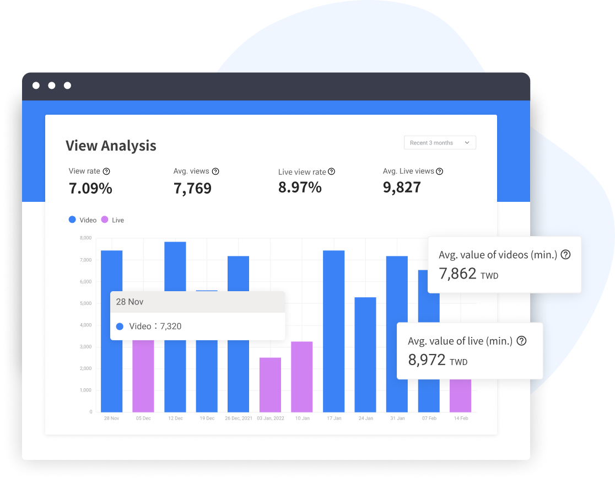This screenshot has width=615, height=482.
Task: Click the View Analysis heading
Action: pyautogui.click(x=111, y=146)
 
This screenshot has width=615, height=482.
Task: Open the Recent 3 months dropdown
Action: pyautogui.click(x=440, y=143)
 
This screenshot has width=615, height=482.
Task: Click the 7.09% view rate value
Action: pyautogui.click(x=90, y=188)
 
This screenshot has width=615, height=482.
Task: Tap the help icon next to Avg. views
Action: pyautogui.click(x=215, y=172)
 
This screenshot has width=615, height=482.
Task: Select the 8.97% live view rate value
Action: pyautogui.click(x=300, y=188)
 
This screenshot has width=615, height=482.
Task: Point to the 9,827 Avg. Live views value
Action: pyautogui.click(x=402, y=188)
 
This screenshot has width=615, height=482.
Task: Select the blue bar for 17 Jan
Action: pyautogui.click(x=333, y=331)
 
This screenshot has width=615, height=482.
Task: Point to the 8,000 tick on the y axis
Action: pyautogui.click(x=85, y=238)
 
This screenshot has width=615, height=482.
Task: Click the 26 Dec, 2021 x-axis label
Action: pyautogui.click(x=239, y=419)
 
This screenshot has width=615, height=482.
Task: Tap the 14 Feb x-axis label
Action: pyautogui.click(x=460, y=419)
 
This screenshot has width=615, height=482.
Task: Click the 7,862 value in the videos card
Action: pyautogui.click(x=457, y=273)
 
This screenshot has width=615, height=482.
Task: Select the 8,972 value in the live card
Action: pyautogui.click(x=427, y=360)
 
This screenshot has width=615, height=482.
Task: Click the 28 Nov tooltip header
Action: pyautogui.click(x=197, y=302)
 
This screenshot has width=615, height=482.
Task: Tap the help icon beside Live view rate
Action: pyautogui.click(x=331, y=172)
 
